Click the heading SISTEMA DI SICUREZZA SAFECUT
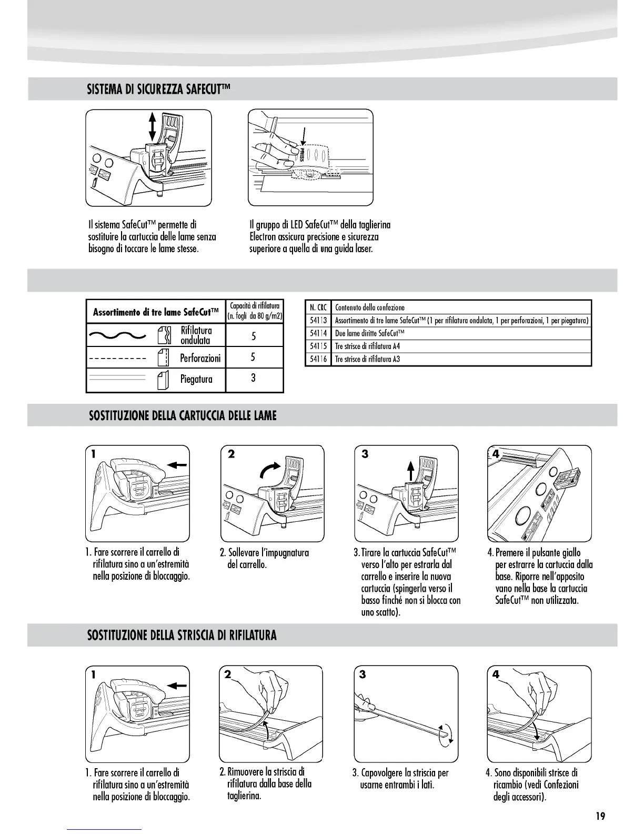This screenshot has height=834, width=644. pyautogui.click(x=159, y=89)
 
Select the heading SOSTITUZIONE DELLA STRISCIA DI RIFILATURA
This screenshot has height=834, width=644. pyautogui.click(x=182, y=635)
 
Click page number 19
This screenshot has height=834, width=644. pyautogui.click(x=600, y=816)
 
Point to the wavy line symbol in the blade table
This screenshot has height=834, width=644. pyautogui.click(x=117, y=335)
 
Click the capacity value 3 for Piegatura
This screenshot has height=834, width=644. pyautogui.click(x=254, y=378)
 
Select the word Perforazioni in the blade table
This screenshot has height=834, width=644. pyautogui.click(x=200, y=358)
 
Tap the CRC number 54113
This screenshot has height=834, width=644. pyautogui.click(x=318, y=320)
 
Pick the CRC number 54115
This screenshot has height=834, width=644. pyautogui.click(x=318, y=346)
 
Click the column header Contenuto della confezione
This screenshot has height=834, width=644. pyautogui.click(x=370, y=307)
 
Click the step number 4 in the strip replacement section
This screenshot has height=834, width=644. pyautogui.click(x=496, y=674)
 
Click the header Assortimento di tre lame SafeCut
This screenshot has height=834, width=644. pyautogui.click(x=156, y=312)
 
